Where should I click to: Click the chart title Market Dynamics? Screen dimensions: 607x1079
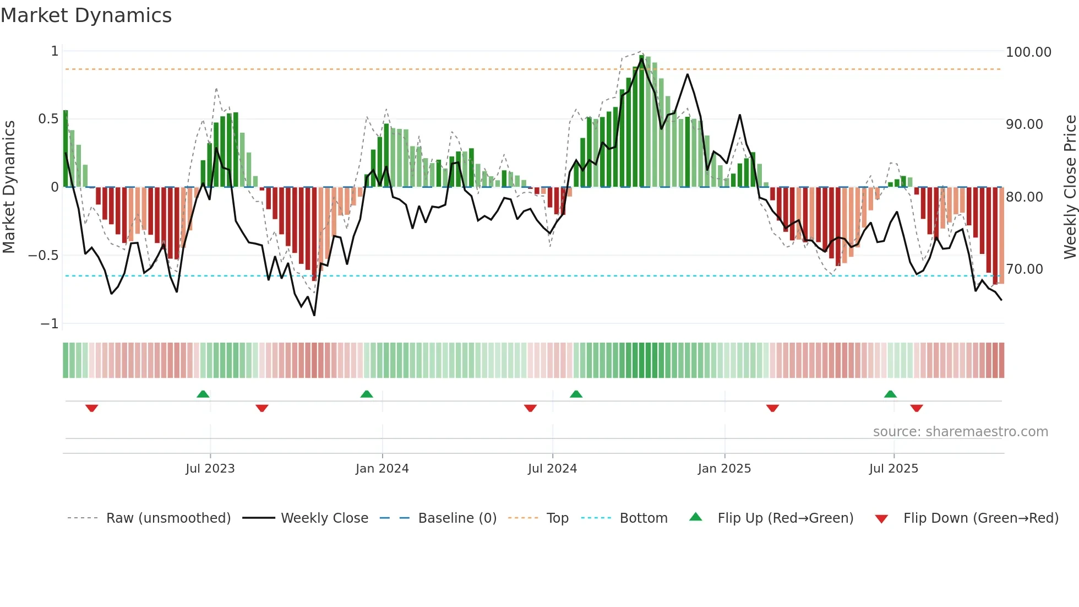(x=86, y=15)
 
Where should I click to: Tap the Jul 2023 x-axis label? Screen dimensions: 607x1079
(x=210, y=469)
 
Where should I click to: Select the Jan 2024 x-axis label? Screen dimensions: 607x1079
(x=382, y=469)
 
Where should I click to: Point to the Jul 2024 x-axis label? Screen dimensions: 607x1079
(x=552, y=469)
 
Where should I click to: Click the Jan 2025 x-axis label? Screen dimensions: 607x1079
(x=724, y=469)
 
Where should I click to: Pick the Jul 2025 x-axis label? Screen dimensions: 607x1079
(x=893, y=469)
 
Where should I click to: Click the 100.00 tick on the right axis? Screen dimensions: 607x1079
(x=1028, y=52)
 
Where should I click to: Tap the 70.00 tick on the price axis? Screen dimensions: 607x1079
(x=1024, y=269)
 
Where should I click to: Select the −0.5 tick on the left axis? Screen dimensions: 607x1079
(x=43, y=256)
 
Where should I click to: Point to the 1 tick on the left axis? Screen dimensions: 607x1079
(x=55, y=51)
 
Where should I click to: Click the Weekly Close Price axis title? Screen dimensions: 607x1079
(x=1070, y=187)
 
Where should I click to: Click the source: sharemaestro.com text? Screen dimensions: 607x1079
(x=960, y=432)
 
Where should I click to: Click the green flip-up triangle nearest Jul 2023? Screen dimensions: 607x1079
(x=203, y=394)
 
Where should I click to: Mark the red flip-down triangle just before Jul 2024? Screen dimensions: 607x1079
(x=530, y=408)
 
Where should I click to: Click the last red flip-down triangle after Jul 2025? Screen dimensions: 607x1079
(x=916, y=408)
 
